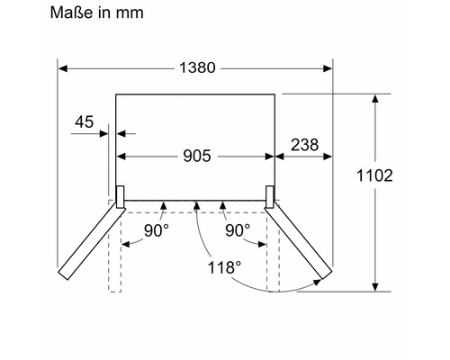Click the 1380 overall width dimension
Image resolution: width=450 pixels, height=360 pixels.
pyautogui.click(x=197, y=67)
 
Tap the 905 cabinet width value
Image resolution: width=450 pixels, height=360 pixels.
pyautogui.click(x=197, y=156)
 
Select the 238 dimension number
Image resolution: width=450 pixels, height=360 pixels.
pyautogui.click(x=305, y=145)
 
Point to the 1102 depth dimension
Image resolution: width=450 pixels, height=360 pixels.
pyautogui.click(x=374, y=175)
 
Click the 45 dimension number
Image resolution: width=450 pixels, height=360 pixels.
pyautogui.click(x=85, y=122)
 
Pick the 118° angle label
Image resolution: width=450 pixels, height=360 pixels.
pyautogui.click(x=224, y=267)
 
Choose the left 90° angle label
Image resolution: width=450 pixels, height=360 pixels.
pyautogui.click(x=157, y=230)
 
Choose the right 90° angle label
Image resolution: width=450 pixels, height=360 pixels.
pyautogui.click(x=238, y=230)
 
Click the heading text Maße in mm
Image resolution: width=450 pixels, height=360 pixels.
pyautogui.click(x=96, y=13)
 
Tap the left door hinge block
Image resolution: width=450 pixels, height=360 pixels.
pyautogui.click(x=120, y=197)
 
